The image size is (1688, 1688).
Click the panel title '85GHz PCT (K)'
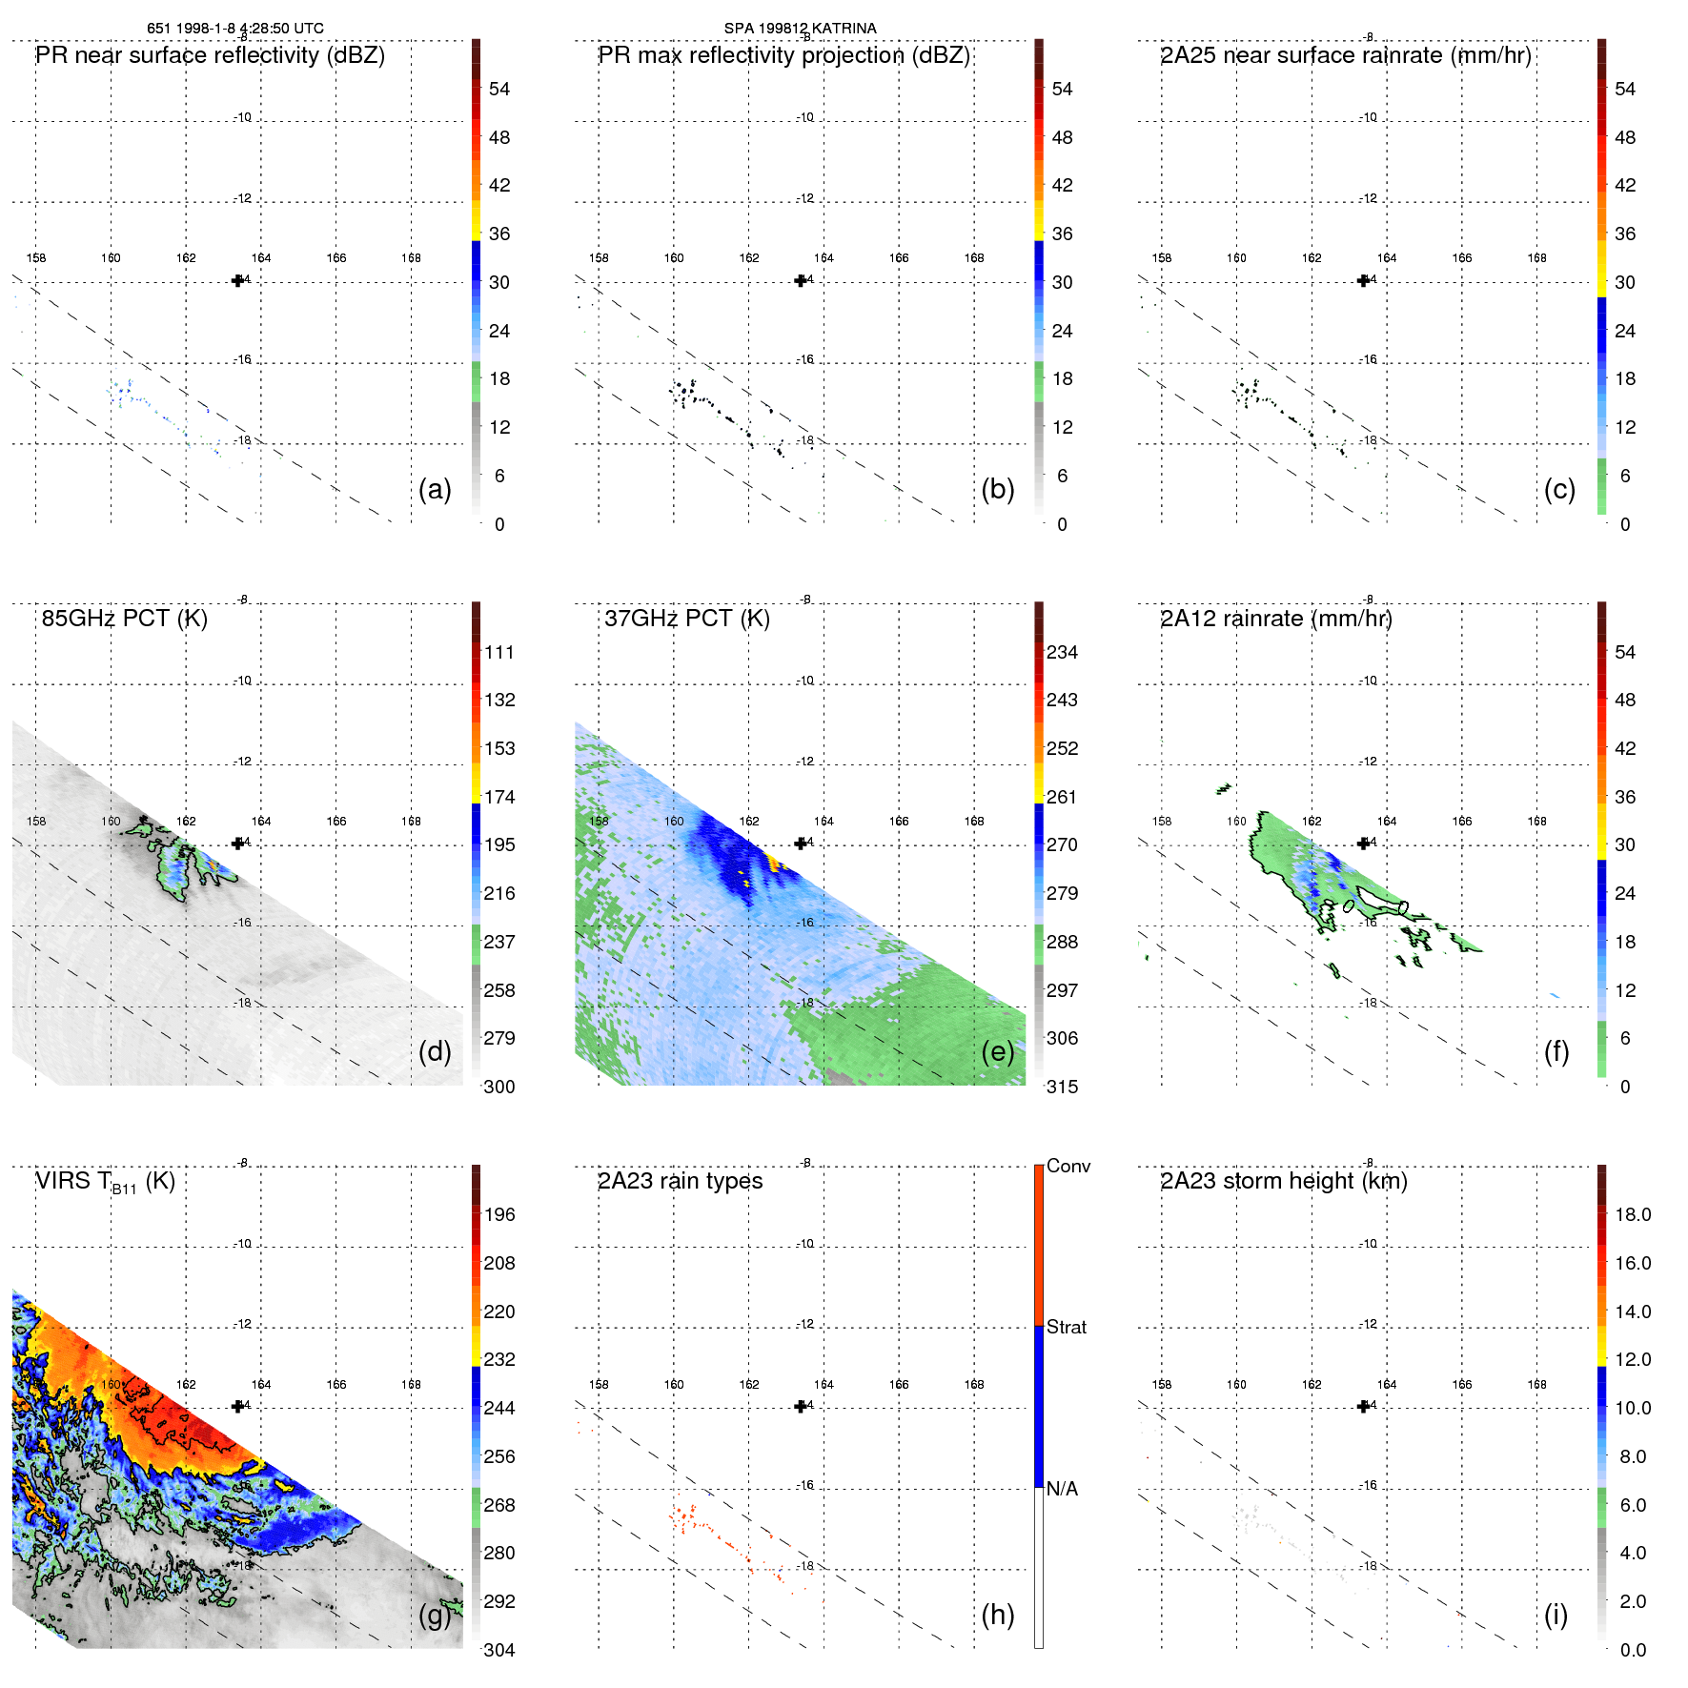(x=124, y=619)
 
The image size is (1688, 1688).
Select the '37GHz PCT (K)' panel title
(x=686, y=619)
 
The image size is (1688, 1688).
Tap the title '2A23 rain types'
(x=680, y=1181)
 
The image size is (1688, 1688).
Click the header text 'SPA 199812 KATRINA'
(x=800, y=29)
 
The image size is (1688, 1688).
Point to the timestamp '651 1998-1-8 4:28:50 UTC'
(x=234, y=29)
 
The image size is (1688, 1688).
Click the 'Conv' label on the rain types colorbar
(x=1068, y=1166)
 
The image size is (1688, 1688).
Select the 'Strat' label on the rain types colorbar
(x=1066, y=1327)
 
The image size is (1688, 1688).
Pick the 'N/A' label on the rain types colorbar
(x=1062, y=1489)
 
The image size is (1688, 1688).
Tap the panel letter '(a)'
(x=435, y=490)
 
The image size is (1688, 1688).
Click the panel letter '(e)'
(x=997, y=1052)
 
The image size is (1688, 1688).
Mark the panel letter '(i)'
(x=1556, y=1615)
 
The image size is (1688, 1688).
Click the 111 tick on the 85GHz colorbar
(x=498, y=652)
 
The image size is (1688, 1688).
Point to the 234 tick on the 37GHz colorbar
(x=1062, y=652)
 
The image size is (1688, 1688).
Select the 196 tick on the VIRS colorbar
(x=498, y=1214)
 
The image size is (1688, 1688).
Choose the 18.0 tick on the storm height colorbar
(x=1632, y=1214)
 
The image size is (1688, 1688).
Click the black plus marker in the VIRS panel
(x=237, y=1406)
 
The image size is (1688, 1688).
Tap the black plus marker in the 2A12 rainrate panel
(x=1363, y=843)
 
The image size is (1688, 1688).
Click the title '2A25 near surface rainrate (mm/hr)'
(x=1345, y=55)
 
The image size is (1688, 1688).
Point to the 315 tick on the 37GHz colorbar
(x=1062, y=1087)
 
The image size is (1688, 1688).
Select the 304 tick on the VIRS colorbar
(x=498, y=1650)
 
